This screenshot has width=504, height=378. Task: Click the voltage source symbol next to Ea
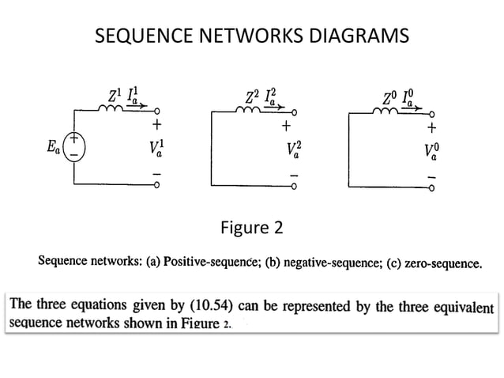pyautogui.click(x=75, y=147)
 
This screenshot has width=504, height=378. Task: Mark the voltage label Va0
pyautogui.click(x=431, y=151)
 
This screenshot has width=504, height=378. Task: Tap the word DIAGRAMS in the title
pyautogui.click(x=361, y=36)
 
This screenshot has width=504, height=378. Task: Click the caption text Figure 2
pyautogui.click(x=251, y=229)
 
